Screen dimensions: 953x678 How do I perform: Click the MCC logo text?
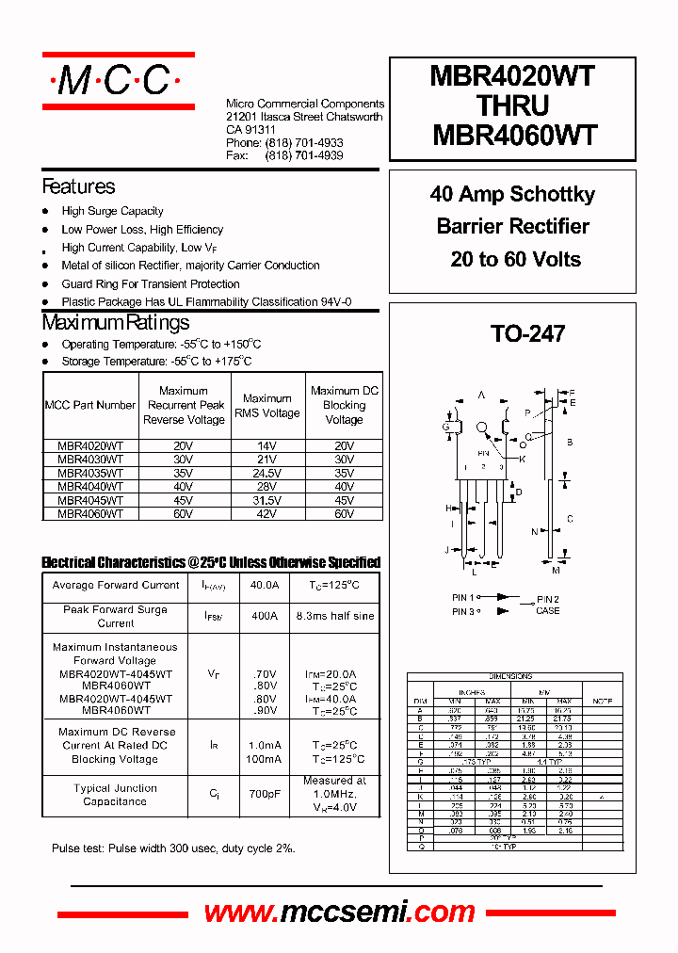click(117, 81)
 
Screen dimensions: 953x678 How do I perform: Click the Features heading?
click(79, 186)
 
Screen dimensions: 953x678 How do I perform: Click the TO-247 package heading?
click(527, 333)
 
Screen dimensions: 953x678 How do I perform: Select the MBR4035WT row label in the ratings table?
click(90, 474)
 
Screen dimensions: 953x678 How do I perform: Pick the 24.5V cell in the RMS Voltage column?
click(267, 474)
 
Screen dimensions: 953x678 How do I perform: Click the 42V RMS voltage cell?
click(267, 514)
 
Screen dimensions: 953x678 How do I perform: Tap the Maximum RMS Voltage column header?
click(267, 406)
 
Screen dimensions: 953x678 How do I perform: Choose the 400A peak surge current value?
click(265, 616)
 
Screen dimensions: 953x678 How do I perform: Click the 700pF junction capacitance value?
click(265, 795)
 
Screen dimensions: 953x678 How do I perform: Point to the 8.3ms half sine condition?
click(334, 616)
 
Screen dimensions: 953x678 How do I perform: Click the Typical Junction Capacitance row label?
click(115, 795)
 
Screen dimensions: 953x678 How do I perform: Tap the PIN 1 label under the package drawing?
click(463, 598)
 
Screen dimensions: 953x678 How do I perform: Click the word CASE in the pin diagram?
click(547, 611)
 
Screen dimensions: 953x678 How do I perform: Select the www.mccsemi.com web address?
click(339, 912)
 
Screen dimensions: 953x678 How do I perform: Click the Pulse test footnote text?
click(173, 848)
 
